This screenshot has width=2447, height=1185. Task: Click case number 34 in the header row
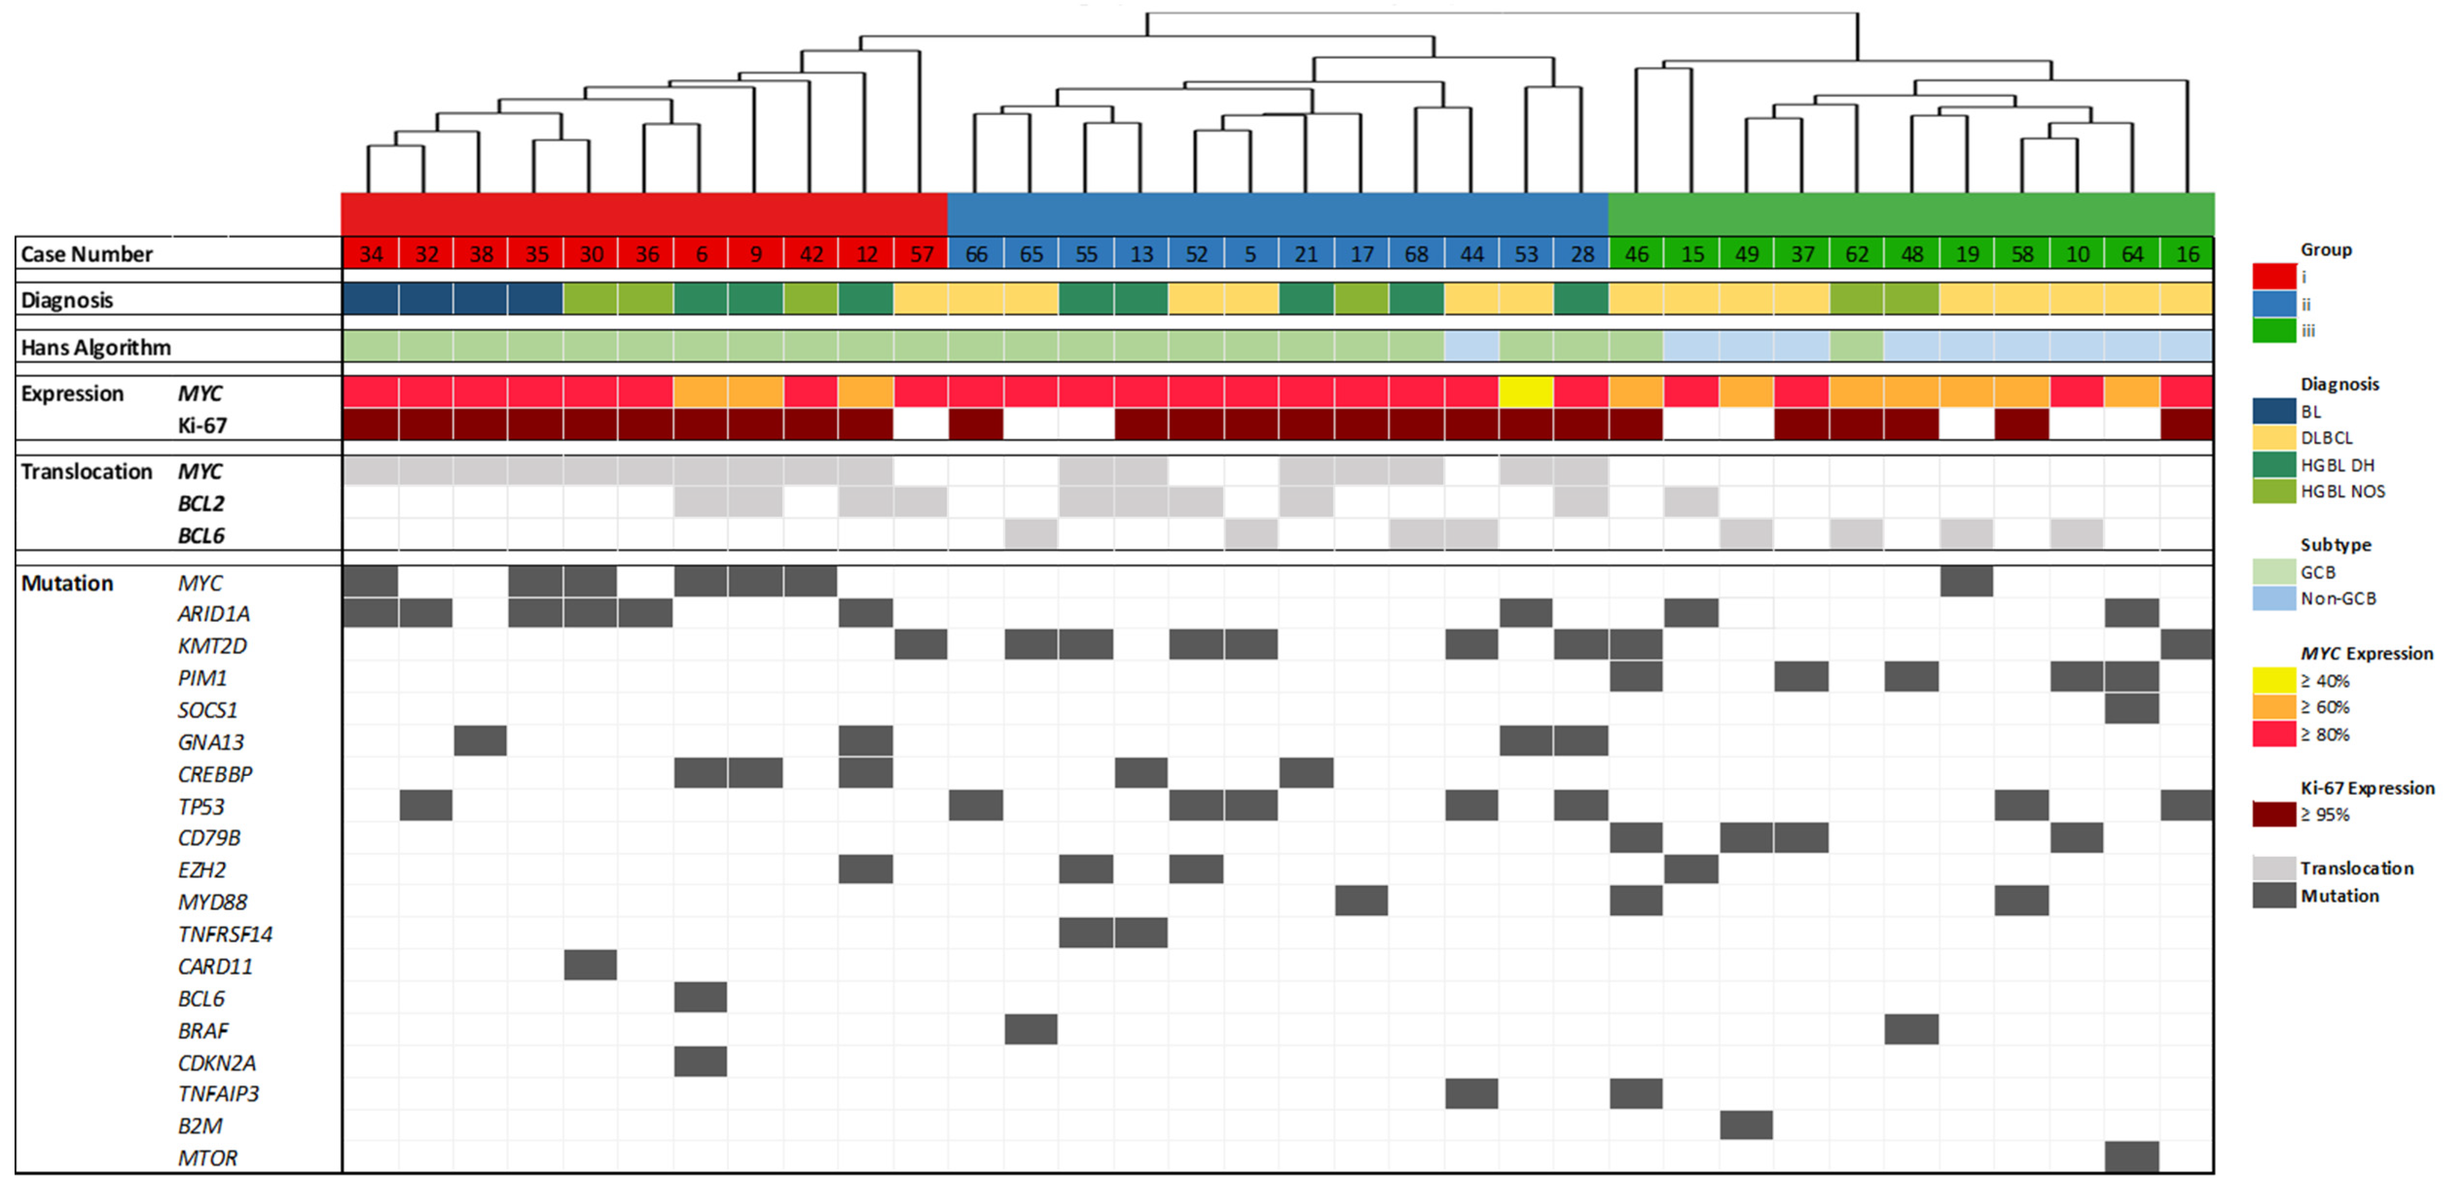[371, 254]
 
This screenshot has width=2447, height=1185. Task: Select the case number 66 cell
[975, 254]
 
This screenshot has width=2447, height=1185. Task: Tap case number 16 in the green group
[2187, 254]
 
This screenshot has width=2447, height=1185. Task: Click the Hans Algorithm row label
[96, 348]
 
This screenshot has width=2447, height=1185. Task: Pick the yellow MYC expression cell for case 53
[1526, 391]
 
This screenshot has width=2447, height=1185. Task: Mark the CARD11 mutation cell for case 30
[590, 965]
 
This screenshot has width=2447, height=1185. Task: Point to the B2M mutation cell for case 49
[1746, 1125]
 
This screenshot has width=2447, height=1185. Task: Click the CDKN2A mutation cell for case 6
[700, 1061]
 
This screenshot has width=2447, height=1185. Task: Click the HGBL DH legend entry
[2337, 465]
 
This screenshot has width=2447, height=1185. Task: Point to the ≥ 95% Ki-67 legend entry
[2324, 814]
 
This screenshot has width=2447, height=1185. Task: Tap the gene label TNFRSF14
[225, 934]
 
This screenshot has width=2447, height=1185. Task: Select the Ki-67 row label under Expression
[202, 425]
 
